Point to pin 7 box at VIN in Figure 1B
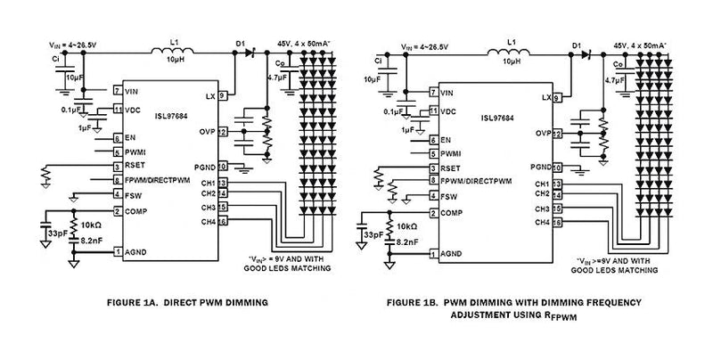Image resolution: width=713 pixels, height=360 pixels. (x=434, y=92)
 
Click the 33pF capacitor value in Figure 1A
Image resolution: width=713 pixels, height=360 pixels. (x=56, y=233)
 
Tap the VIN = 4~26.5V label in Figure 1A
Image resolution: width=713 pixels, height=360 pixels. (x=71, y=42)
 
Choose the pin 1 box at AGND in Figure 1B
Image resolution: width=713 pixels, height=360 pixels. (x=434, y=252)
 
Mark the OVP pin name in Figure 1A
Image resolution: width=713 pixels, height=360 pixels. (x=207, y=132)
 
